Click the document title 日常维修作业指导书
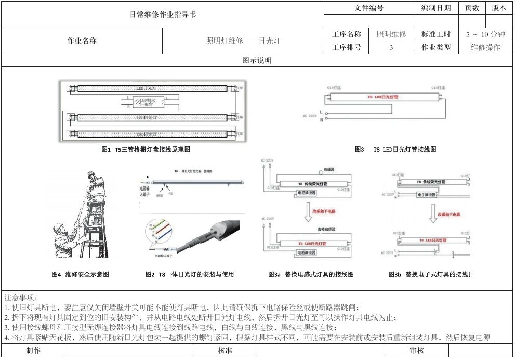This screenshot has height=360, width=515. [163, 15]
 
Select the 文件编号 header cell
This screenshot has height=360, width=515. [369, 8]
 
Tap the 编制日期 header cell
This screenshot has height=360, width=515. [436, 8]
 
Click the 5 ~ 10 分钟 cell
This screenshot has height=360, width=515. [485, 34]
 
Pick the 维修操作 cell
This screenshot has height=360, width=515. [485, 47]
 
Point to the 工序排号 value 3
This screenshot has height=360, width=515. [391, 47]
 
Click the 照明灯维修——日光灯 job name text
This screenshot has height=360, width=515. [243, 41]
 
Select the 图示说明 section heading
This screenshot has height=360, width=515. [257, 61]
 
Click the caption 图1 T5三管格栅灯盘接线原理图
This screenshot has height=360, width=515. [146, 150]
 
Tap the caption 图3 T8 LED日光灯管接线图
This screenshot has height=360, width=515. [395, 150]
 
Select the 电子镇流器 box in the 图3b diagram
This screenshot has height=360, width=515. [426, 195]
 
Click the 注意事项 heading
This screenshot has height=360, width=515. [21, 298]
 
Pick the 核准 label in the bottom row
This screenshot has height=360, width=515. [225, 351]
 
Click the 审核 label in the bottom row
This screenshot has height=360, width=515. [417, 351]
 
